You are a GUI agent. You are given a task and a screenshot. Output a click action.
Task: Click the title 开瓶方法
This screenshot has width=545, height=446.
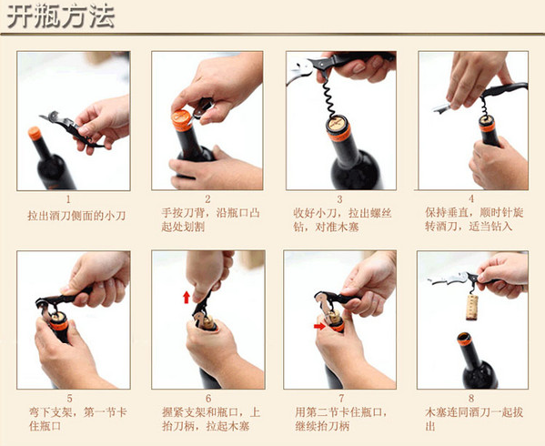click(x=61, y=15)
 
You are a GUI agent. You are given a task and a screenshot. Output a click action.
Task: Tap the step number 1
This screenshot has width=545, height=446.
click(x=68, y=199)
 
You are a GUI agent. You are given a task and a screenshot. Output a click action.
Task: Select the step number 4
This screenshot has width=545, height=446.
click(x=471, y=198)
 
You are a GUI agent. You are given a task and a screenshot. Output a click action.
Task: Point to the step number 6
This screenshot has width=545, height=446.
click(x=208, y=398)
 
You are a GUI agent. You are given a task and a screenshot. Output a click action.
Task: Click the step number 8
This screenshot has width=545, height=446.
click(x=471, y=398)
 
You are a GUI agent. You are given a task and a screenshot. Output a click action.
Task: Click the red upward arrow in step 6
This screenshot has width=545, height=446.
click(x=187, y=298)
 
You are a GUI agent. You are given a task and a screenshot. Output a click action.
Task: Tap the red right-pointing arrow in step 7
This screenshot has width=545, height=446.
click(x=319, y=326)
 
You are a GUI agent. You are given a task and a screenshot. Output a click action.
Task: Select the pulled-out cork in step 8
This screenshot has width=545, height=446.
click(x=471, y=308)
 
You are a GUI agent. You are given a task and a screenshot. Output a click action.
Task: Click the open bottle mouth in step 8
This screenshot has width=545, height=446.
click(x=464, y=337)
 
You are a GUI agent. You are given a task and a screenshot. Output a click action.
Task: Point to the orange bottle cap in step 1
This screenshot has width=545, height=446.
click(x=35, y=133)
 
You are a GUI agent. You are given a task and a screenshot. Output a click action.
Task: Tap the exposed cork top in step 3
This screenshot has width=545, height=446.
click(x=337, y=124)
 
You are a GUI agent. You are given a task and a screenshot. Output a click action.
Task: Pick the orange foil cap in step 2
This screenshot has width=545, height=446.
click(x=181, y=120)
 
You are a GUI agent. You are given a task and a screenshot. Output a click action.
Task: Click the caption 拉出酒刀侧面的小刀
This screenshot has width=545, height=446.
click(x=76, y=216)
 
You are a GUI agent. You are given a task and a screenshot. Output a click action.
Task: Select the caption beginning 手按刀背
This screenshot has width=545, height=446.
click(x=210, y=219)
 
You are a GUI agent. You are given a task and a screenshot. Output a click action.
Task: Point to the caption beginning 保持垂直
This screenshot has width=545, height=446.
click(x=474, y=219)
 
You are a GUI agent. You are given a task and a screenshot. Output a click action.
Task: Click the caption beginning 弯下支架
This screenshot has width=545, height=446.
click(x=77, y=419)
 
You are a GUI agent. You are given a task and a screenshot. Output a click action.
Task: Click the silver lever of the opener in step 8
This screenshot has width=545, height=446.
click(x=448, y=279)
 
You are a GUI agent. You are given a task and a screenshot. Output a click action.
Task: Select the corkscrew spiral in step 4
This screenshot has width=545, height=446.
click(x=483, y=106)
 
